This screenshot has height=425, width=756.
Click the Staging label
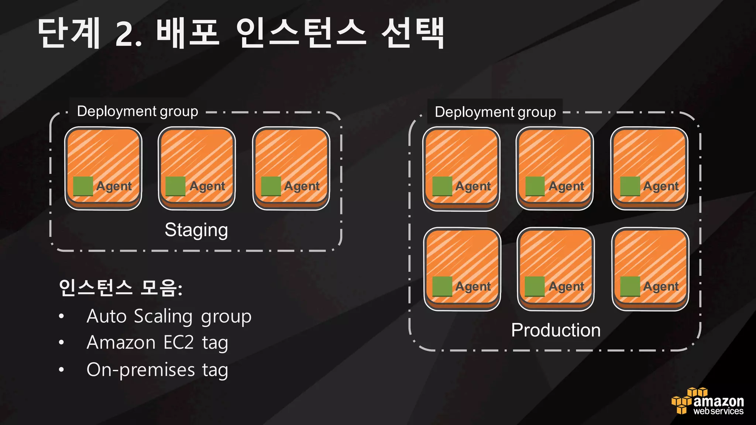click(x=196, y=230)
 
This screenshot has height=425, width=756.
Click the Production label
click(x=556, y=330)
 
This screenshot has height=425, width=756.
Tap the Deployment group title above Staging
click(x=137, y=111)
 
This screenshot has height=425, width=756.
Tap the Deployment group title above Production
click(x=495, y=112)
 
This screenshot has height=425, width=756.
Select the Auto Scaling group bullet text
click(x=169, y=317)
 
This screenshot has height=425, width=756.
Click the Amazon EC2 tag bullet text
click(x=157, y=343)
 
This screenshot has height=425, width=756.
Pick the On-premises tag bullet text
click(x=157, y=370)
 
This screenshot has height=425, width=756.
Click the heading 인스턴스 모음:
click(x=120, y=288)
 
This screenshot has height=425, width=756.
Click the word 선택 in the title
click(x=413, y=33)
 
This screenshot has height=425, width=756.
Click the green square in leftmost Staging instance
click(x=83, y=186)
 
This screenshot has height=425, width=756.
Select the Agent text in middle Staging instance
click(x=207, y=186)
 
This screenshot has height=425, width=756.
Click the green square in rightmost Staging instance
click(x=271, y=186)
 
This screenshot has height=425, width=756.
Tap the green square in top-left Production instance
click(x=442, y=186)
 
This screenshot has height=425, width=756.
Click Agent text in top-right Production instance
click(x=661, y=186)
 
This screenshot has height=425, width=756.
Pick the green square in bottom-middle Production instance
click(x=535, y=286)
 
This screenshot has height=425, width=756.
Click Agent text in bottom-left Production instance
click(x=473, y=286)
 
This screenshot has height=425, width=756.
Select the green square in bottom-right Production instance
click(x=630, y=286)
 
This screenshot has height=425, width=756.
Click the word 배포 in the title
click(x=188, y=33)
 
